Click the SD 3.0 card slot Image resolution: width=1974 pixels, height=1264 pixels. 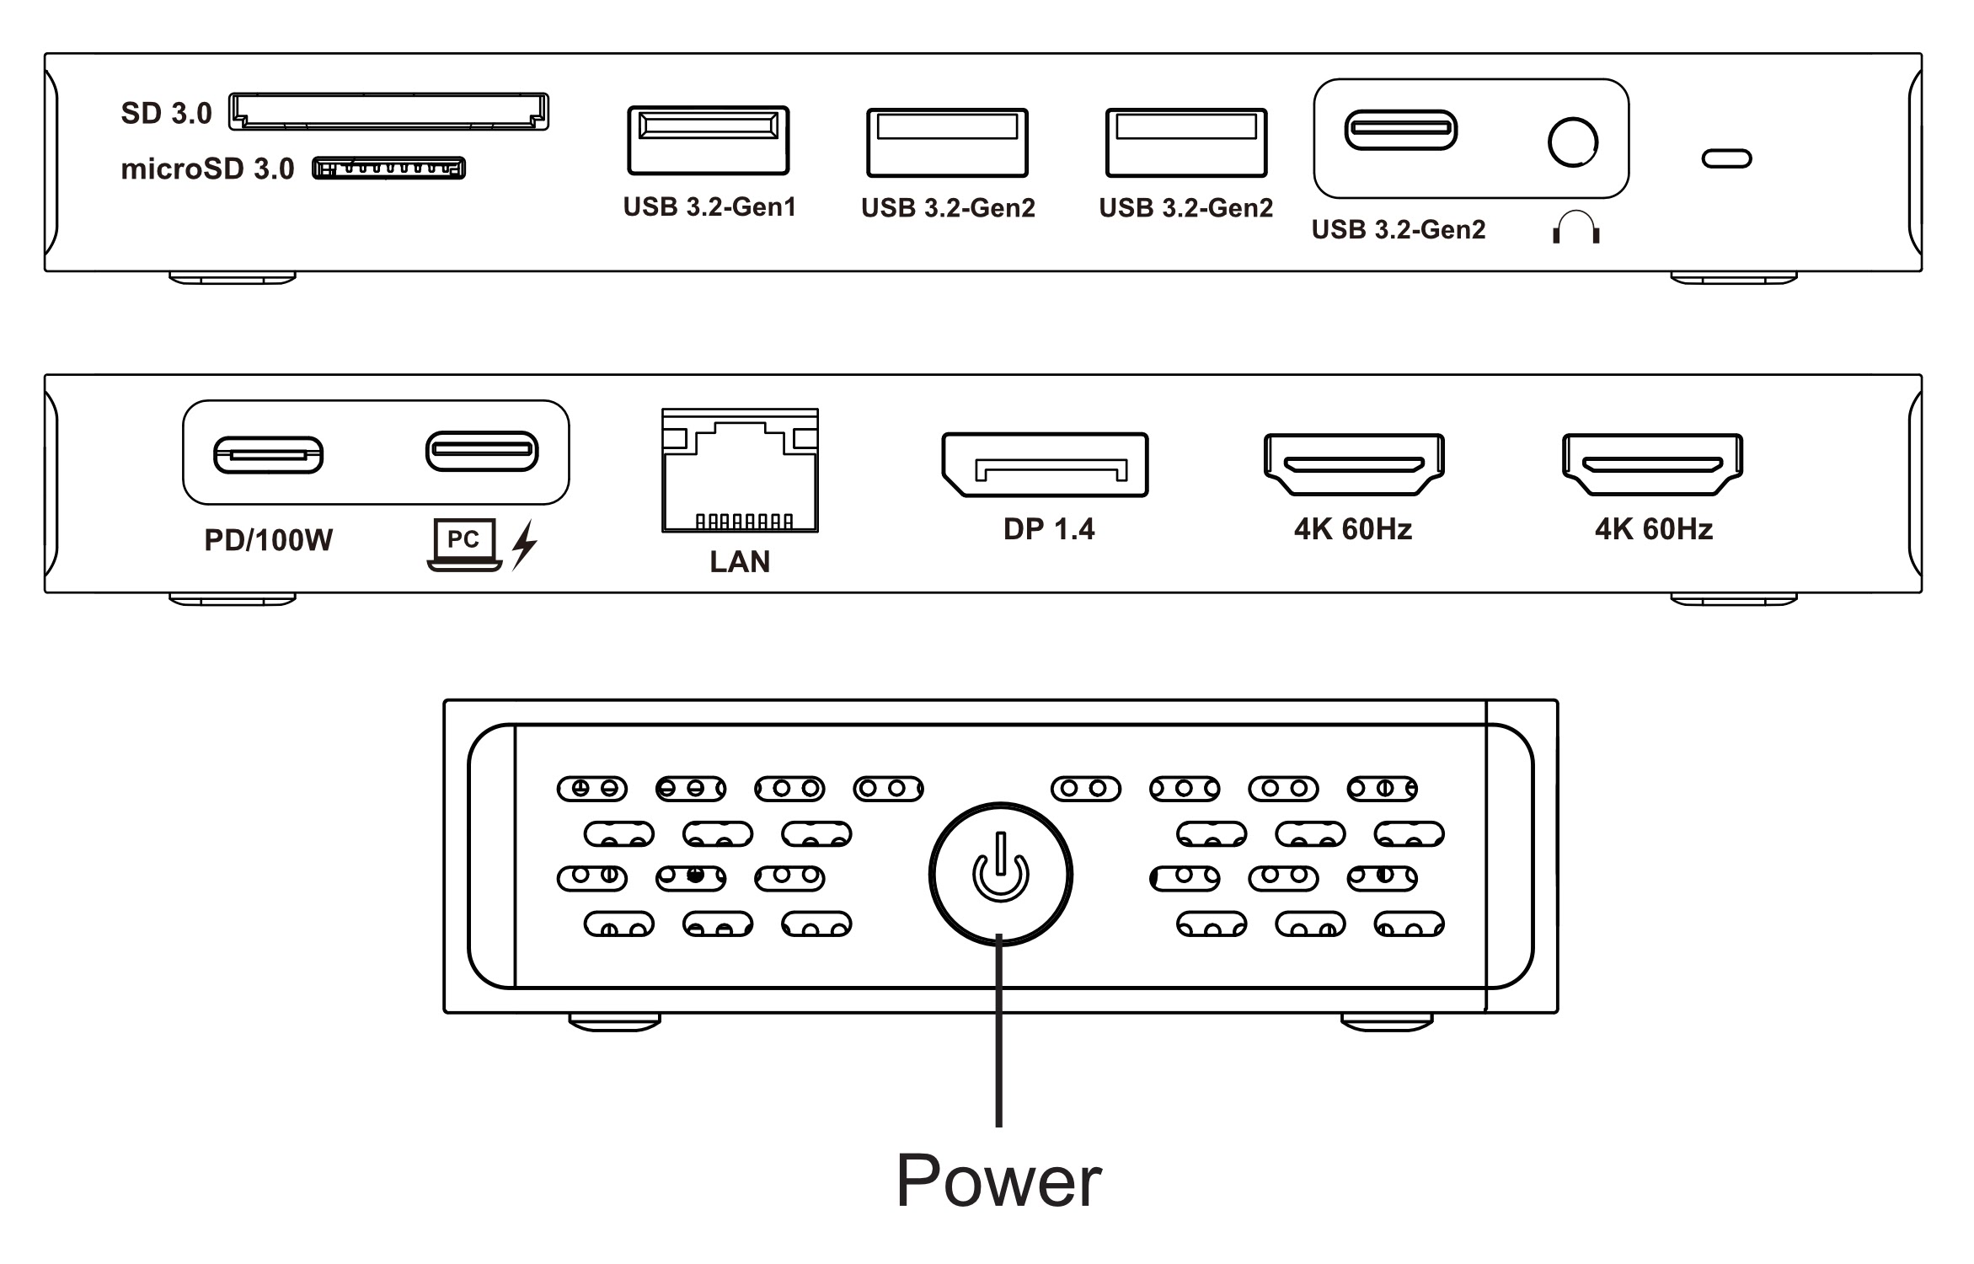pyautogui.click(x=388, y=112)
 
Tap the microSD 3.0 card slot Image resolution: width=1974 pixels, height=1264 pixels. pyautogui.click(x=388, y=168)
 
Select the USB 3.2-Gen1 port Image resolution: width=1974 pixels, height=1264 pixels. pyautogui.click(x=708, y=140)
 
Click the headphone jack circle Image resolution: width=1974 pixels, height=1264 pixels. pyautogui.click(x=1572, y=142)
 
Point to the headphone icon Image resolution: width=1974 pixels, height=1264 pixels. pyautogui.click(x=1575, y=228)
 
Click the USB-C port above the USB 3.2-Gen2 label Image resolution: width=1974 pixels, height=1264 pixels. pyautogui.click(x=1400, y=130)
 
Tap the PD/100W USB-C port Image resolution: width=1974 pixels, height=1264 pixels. pyautogui.click(x=268, y=455)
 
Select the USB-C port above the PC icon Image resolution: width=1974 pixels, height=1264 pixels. pyautogui.click(x=482, y=451)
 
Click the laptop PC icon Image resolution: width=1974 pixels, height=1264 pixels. pyautogui.click(x=464, y=544)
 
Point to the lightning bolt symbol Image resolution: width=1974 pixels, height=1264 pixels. pyautogui.click(x=524, y=544)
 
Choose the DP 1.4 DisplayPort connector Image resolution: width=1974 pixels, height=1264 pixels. pyautogui.click(x=1045, y=464)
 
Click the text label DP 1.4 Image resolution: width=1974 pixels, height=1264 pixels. pyautogui.click(x=1049, y=529)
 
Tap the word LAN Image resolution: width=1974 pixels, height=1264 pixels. pyautogui.click(x=740, y=562)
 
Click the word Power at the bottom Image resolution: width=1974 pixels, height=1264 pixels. pyautogui.click(x=998, y=1181)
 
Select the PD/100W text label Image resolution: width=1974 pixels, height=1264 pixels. pyautogui.click(x=268, y=540)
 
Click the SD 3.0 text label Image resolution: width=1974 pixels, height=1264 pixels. pyautogui.click(x=166, y=114)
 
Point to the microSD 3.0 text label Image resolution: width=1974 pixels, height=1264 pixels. pyautogui.click(x=207, y=169)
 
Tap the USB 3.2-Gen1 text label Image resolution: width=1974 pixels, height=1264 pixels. pyautogui.click(x=709, y=207)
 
